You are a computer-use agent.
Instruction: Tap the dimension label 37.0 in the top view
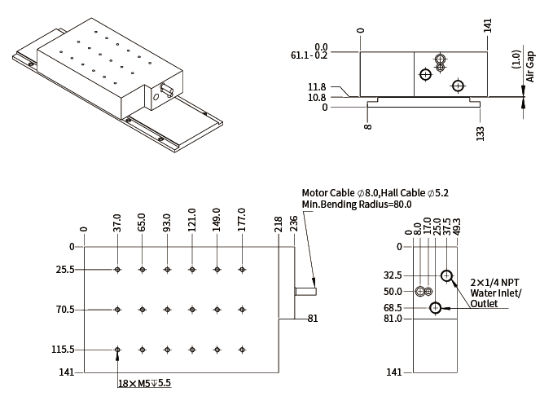(117, 222)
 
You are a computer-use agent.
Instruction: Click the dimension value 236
(294, 224)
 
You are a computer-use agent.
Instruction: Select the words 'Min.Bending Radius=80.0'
(357, 204)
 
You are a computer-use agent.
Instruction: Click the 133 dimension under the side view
(481, 132)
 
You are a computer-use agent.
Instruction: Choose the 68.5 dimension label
(393, 308)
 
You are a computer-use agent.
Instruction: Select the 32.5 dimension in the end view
(393, 275)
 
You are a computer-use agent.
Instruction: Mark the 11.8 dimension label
(318, 87)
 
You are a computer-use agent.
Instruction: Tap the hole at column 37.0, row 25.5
(118, 270)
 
